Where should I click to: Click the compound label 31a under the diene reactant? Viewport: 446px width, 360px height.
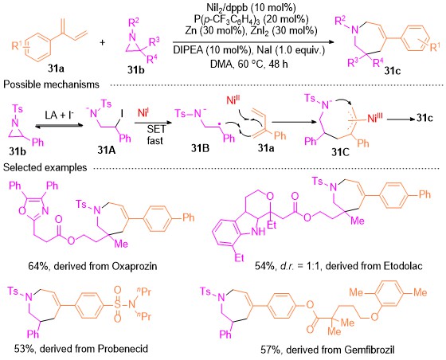56,68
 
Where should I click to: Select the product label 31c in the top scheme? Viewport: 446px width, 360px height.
392,71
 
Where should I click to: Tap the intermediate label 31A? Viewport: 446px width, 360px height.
107,150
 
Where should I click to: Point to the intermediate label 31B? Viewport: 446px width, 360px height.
200,148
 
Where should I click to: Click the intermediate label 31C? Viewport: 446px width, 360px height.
340,152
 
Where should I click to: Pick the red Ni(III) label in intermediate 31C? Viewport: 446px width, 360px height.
374,118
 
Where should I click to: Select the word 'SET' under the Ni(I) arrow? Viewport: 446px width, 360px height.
156,130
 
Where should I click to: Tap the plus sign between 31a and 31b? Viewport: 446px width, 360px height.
103,43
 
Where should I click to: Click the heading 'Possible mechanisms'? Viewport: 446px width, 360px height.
51,84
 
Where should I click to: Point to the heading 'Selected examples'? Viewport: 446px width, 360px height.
45,167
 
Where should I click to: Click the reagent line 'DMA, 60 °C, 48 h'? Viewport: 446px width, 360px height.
248,64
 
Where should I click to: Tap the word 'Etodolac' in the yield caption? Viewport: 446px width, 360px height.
403,265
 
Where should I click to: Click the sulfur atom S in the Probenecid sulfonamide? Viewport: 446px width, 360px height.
118,304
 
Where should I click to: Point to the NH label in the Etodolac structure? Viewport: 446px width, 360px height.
258,232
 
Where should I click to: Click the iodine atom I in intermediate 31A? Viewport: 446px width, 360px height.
122,114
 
